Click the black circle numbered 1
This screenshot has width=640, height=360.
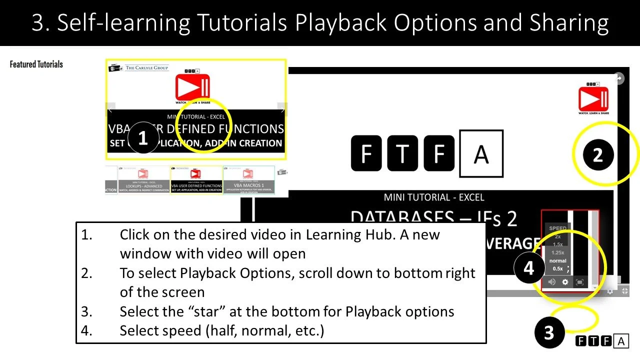pyautogui.click(x=143, y=138)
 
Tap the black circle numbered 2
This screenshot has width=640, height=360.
pyautogui.click(x=598, y=155)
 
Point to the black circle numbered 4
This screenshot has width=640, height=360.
pyautogui.click(x=528, y=268)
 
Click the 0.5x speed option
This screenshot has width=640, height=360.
pyautogui.click(x=557, y=269)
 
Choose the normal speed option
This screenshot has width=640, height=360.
pyautogui.click(x=557, y=260)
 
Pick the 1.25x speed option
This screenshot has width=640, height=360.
pyautogui.click(x=557, y=252)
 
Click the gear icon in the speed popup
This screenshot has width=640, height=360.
pyautogui.click(x=565, y=282)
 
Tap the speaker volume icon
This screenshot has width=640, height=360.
pyautogui.click(x=552, y=282)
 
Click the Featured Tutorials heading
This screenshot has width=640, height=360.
pyautogui.click(x=36, y=64)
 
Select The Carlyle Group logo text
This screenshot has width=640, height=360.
pyautogui.click(x=147, y=67)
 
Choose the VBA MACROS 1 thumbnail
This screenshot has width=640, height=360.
pyautogui.click(x=248, y=180)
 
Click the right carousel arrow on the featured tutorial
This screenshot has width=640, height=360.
pyautogui.click(x=282, y=109)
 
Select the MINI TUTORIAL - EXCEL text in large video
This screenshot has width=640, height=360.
pyautogui.click(x=433, y=197)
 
